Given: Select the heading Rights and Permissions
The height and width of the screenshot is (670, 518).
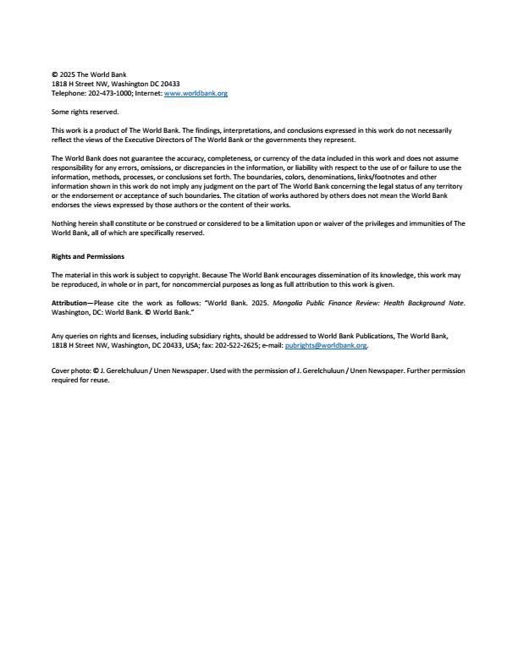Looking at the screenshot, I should (x=88, y=256).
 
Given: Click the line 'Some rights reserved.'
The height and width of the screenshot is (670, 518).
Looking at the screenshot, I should (x=85, y=112).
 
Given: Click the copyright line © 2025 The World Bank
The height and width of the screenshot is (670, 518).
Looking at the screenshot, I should (x=89, y=75).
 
